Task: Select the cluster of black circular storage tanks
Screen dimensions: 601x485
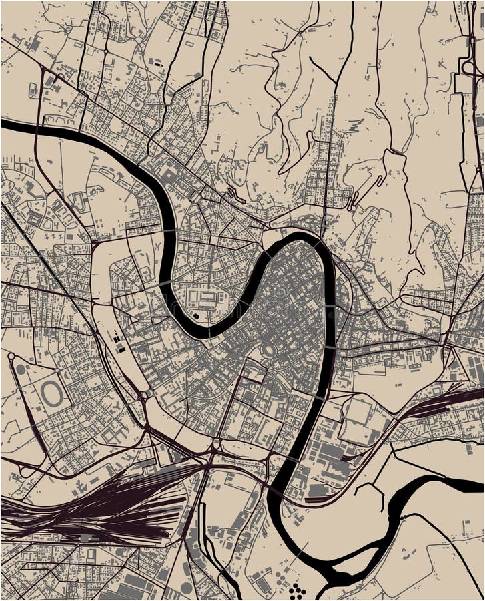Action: (297, 589)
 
